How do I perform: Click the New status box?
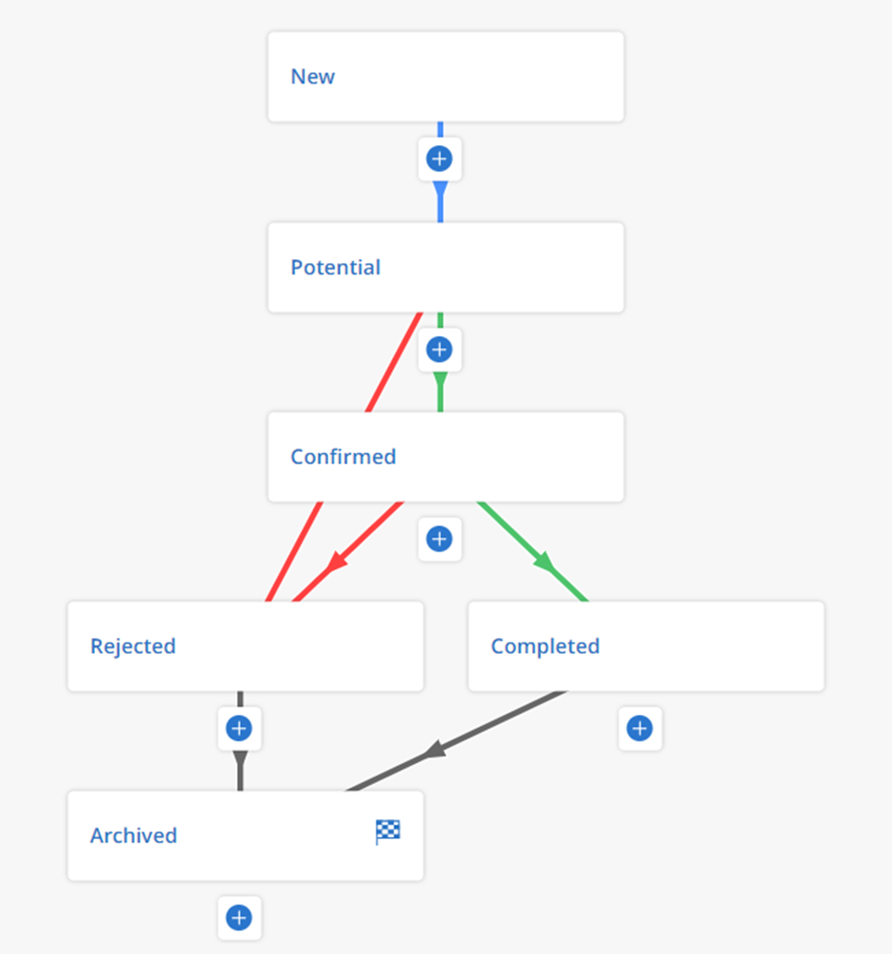point(446,77)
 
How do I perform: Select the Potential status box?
point(446,268)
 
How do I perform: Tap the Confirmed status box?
point(446,457)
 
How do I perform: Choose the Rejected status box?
point(246,646)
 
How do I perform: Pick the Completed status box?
point(646,646)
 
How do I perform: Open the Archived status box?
point(246,835)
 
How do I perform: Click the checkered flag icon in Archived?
point(387,832)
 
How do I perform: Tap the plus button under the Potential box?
point(439,349)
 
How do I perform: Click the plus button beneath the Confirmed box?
point(439,539)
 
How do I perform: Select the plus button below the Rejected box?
point(239,728)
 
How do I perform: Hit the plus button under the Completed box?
point(640,728)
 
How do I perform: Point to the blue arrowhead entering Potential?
point(440,190)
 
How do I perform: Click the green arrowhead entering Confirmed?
point(440,381)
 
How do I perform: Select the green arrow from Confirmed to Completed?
point(533,552)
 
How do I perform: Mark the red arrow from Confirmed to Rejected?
point(348,552)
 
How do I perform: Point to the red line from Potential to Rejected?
point(344,457)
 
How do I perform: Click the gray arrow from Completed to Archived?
point(456,741)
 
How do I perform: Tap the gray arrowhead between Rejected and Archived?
point(240,760)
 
